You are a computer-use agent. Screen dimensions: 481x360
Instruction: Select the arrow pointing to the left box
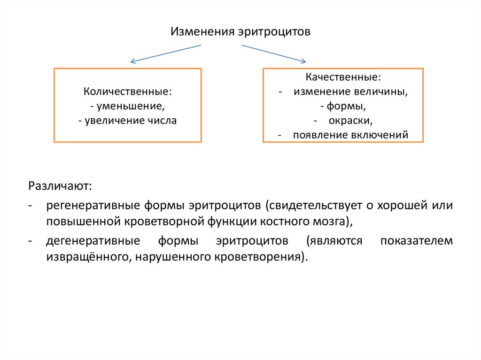click(165, 53)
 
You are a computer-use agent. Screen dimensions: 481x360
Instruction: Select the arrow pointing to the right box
click(274, 54)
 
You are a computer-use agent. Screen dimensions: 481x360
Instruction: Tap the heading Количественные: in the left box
click(128, 91)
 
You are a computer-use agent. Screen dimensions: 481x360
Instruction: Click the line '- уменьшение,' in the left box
click(128, 106)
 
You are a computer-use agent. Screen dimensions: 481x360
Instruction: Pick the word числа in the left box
click(163, 120)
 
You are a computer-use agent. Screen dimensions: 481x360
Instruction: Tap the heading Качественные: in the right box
click(343, 77)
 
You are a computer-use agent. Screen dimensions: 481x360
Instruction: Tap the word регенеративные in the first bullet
click(92, 206)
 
